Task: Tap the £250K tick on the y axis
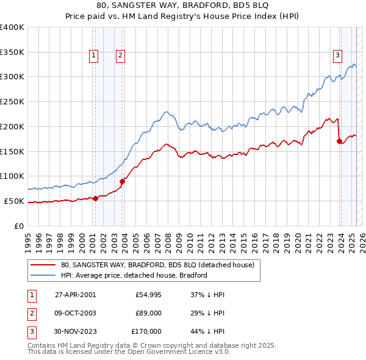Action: (13, 101)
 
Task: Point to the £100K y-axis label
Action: (13, 176)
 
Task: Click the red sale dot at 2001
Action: (96, 198)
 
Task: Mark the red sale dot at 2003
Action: (123, 181)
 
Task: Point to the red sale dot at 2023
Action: (340, 141)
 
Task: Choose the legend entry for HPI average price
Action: (134, 275)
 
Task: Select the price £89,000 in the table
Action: (148, 313)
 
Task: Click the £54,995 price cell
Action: (148, 295)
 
